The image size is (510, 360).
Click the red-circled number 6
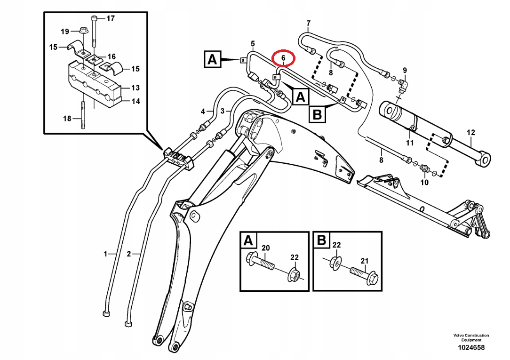click(x=283, y=58)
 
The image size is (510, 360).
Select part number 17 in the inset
click(x=111, y=18)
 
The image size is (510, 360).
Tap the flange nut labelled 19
click(x=82, y=30)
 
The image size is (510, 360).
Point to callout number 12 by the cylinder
click(x=470, y=132)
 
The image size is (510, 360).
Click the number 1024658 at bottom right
click(x=471, y=348)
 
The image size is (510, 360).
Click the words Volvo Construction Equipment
click(x=471, y=337)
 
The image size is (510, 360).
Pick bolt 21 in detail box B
click(x=364, y=274)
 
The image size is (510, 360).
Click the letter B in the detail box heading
click(x=321, y=240)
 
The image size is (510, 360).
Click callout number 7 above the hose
click(x=308, y=23)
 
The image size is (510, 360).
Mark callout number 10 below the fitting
click(x=424, y=183)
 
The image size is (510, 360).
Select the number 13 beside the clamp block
click(x=135, y=88)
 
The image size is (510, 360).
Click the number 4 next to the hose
click(x=203, y=112)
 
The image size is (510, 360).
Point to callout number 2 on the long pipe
click(x=129, y=254)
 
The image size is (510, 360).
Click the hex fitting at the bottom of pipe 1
click(x=106, y=313)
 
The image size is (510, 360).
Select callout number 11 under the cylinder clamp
click(x=409, y=143)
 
